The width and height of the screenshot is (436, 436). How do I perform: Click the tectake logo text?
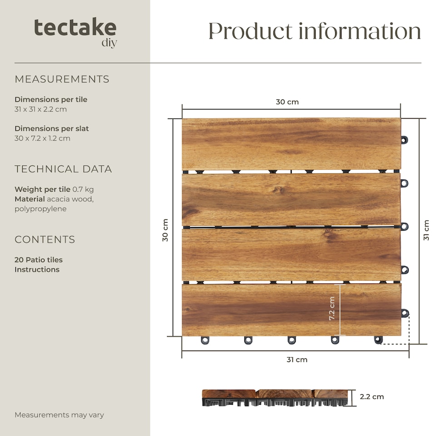click(75, 28)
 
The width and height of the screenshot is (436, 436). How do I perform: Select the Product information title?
click(314, 31)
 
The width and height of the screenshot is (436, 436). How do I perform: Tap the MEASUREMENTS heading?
click(62, 79)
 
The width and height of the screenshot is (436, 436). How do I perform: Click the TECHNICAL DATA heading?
click(63, 169)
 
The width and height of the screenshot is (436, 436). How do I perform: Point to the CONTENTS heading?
click(45, 239)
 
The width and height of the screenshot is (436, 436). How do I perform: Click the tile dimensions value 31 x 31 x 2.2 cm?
click(41, 109)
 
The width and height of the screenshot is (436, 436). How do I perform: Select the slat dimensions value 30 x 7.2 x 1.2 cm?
click(42, 138)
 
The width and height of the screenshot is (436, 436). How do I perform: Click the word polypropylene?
click(40, 209)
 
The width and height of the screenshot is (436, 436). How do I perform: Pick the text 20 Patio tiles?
click(39, 260)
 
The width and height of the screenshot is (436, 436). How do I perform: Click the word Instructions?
click(37, 269)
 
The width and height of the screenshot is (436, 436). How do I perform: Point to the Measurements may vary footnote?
click(59, 415)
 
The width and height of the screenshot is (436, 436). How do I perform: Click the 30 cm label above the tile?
click(287, 102)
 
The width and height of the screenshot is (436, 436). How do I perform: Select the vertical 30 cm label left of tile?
click(165, 230)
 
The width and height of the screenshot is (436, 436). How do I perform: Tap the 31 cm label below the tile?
click(297, 360)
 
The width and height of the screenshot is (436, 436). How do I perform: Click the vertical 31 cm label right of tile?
click(426, 230)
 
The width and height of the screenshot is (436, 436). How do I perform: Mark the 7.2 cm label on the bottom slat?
click(332, 308)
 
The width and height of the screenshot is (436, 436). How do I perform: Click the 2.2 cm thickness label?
click(372, 396)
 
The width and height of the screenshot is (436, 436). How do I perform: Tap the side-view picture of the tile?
click(275, 397)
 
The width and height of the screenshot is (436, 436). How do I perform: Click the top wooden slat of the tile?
click(291, 144)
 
